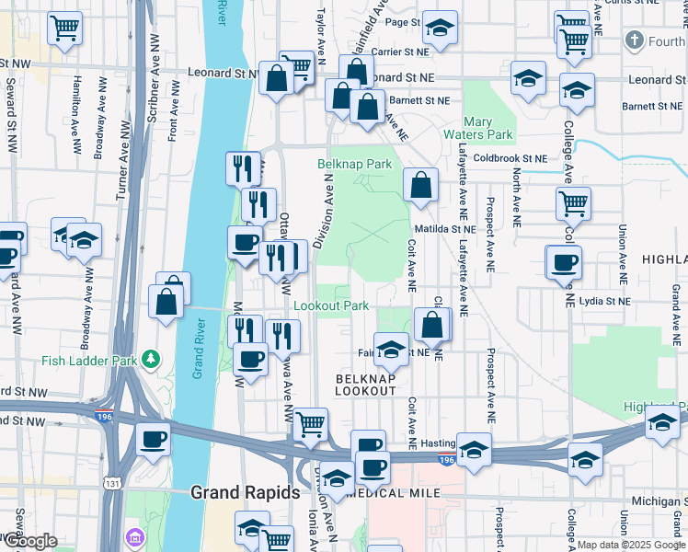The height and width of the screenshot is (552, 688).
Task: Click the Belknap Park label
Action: (354, 164)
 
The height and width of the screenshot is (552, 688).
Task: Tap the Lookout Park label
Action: (331, 305)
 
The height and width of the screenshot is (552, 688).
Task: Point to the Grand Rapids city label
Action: (245, 493)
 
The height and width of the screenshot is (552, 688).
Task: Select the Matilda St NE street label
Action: (444, 228)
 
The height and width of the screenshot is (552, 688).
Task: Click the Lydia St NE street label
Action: (598, 301)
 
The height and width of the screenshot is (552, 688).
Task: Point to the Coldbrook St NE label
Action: (510, 157)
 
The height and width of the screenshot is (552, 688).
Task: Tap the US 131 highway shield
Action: (110, 488)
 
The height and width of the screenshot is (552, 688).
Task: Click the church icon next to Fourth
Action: (633, 40)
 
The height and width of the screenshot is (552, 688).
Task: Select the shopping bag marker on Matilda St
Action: (420, 184)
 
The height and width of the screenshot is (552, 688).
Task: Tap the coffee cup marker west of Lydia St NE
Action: (564, 261)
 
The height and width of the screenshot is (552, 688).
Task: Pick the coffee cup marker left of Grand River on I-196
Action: (154, 439)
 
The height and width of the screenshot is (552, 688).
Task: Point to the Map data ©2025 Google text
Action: (631, 545)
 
